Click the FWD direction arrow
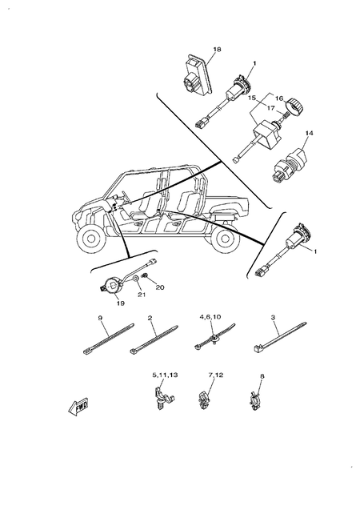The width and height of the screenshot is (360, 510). coord(78,408)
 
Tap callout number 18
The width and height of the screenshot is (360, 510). coord(216,50)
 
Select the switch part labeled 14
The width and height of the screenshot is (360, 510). coord(285,155)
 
